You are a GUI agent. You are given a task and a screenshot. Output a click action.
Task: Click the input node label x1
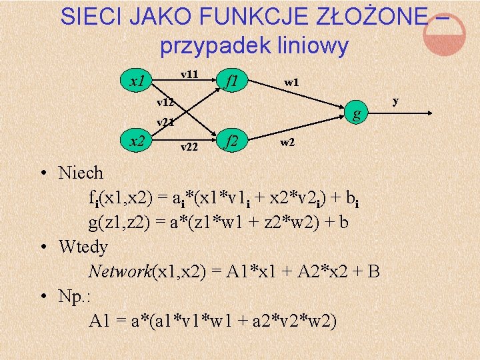(x=137, y=82)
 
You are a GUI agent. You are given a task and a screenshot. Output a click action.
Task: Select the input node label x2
(x=138, y=141)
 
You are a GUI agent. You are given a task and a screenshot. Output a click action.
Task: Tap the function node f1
(x=233, y=82)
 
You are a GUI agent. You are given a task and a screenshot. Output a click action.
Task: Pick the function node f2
(x=232, y=141)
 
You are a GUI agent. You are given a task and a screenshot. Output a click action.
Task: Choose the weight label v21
(x=165, y=122)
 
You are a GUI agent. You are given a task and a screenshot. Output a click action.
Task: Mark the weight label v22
(x=189, y=147)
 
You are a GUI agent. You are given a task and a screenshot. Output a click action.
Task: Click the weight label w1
(x=291, y=83)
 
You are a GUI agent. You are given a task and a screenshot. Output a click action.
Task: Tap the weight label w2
(x=287, y=142)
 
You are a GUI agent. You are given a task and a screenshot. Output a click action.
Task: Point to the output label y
(x=395, y=101)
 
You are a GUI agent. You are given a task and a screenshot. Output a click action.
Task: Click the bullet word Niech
(x=81, y=173)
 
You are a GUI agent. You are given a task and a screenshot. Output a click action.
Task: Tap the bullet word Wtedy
(x=83, y=247)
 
